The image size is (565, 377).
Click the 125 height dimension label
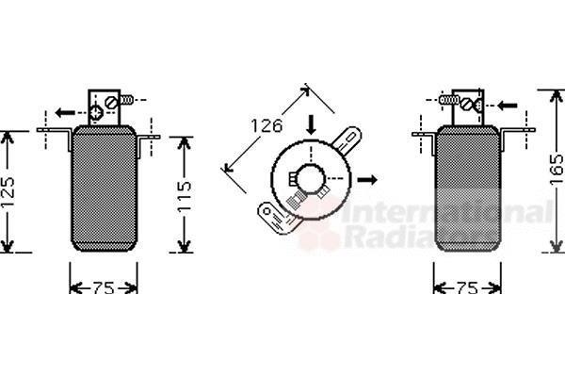click(8, 192)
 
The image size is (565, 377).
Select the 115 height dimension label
click(185, 196)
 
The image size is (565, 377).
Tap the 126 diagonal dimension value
click(266, 126)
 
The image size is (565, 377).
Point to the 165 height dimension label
click(557, 170)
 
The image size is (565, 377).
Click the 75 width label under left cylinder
click(104, 287)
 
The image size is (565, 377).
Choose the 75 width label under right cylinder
click(467, 287)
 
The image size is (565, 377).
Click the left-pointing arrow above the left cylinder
click(65, 113)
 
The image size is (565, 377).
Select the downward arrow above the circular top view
click(311, 124)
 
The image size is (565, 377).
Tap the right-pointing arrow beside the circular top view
click(367, 179)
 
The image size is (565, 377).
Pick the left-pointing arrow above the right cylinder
click(508, 106)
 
